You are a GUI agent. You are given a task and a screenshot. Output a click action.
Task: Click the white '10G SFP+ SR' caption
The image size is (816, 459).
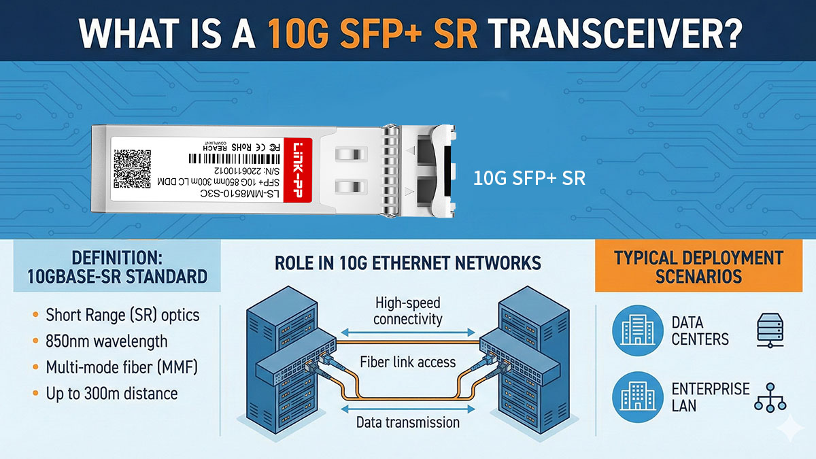(x=529, y=179)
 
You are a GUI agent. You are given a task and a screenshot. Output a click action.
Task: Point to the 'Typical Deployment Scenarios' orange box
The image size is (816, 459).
(x=698, y=267)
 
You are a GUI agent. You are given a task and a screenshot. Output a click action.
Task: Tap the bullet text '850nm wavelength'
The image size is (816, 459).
(x=107, y=341)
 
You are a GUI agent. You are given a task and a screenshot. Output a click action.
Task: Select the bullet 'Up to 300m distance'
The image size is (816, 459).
(x=112, y=393)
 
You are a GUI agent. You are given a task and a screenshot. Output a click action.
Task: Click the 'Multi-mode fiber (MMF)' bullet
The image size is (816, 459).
(x=121, y=367)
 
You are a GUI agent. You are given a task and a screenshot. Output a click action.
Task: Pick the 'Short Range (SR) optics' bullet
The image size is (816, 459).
(x=122, y=316)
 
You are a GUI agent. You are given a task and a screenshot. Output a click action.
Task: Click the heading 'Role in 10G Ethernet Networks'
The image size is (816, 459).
(x=408, y=262)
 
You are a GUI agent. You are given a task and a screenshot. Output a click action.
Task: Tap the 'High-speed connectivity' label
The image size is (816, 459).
(x=408, y=311)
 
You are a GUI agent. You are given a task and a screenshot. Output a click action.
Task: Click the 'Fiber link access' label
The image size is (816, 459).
(x=408, y=362)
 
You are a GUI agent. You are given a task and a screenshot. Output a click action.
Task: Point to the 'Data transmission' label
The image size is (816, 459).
(x=408, y=422)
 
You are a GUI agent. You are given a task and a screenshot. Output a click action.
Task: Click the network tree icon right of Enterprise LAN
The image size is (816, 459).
(x=770, y=396)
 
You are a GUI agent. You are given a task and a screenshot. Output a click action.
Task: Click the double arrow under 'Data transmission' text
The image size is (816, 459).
(x=408, y=408)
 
